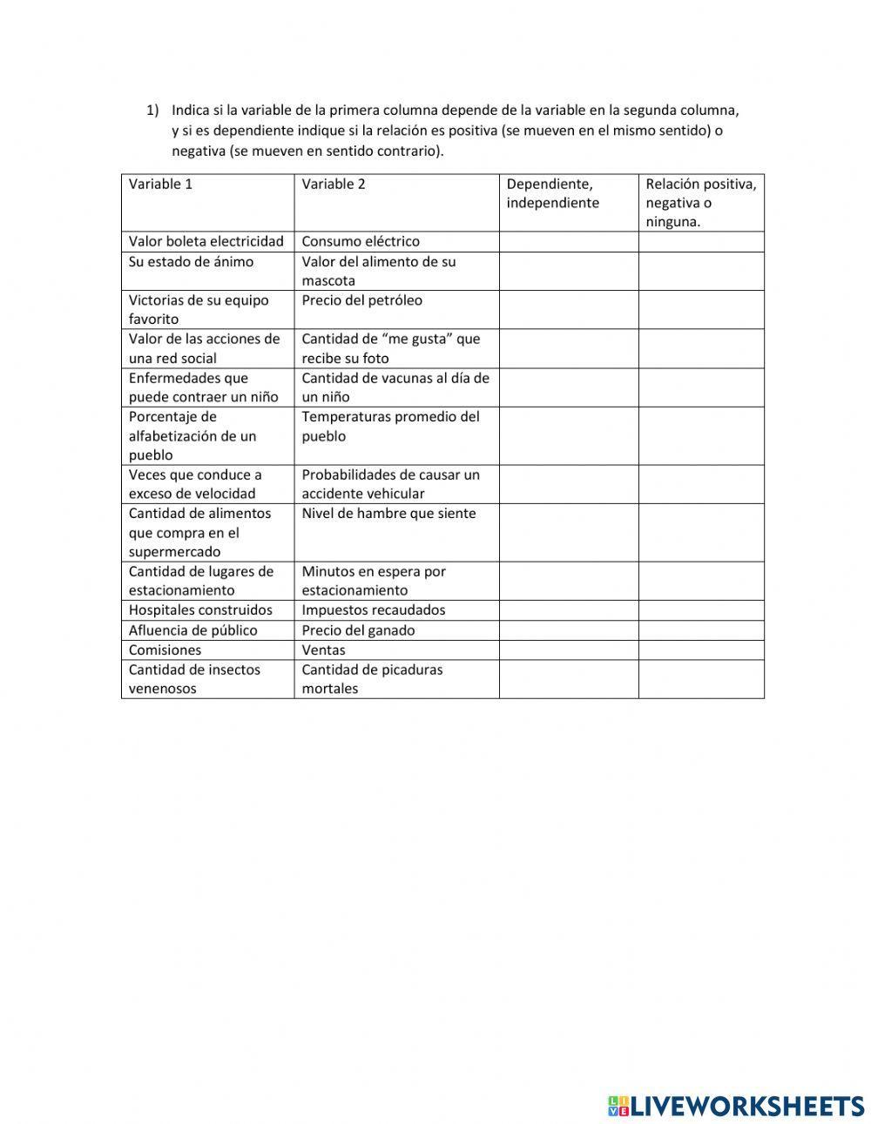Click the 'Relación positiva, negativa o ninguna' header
[x=700, y=203]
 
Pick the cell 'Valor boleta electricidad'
[x=206, y=241]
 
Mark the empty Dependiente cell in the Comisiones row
[x=568, y=649]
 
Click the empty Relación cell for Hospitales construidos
[x=700, y=610]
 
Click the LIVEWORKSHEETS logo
[x=735, y=1106]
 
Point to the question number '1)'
[x=152, y=111]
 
